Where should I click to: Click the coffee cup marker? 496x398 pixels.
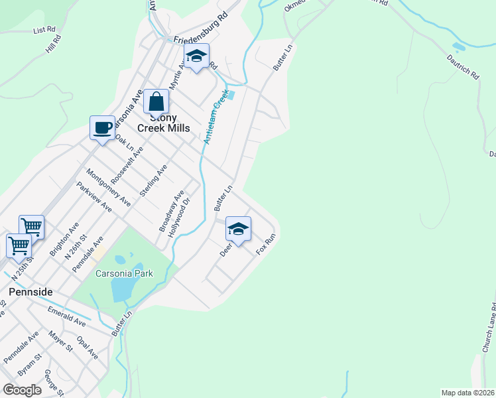[103, 128]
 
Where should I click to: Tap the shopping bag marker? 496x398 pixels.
[156, 103]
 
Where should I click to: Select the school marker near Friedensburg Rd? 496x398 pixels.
[196, 57]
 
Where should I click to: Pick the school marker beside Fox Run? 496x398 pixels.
[238, 230]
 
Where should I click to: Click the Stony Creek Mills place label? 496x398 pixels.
[163, 123]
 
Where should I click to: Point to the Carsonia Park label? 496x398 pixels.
[124, 273]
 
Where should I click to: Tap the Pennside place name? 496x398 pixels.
[31, 291]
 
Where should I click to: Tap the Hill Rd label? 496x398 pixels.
[54, 44]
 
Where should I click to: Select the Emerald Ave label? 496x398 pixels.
[66, 315]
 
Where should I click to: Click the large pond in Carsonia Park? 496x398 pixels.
[123, 289]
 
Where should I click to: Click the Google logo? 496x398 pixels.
[23, 390]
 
